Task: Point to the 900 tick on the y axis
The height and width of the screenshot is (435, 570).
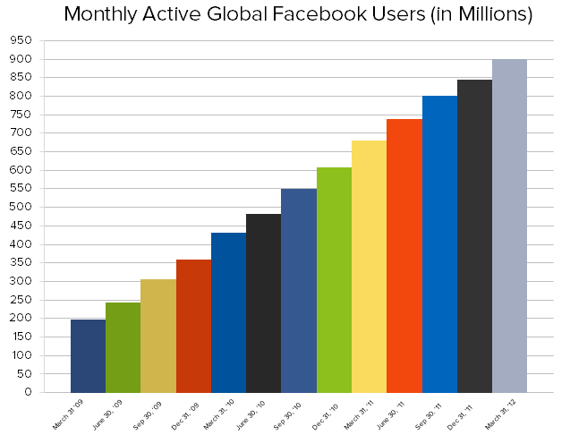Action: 21,59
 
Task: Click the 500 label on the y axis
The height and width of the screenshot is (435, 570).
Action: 21,207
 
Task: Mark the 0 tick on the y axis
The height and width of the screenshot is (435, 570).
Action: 28,392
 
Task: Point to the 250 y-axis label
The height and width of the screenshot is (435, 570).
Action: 21,300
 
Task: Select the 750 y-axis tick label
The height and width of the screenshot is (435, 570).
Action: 21,115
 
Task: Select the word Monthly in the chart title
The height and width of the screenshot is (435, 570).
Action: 105,15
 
